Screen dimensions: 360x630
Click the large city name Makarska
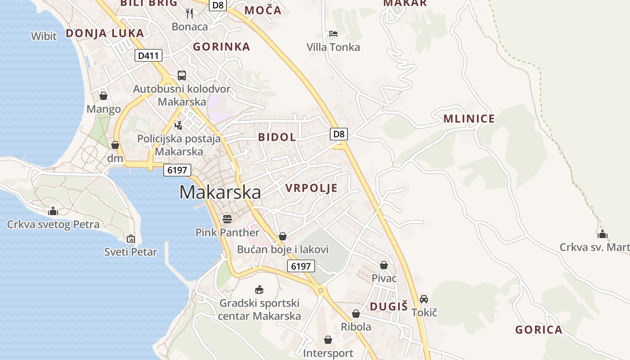220,192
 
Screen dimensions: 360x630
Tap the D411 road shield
148,55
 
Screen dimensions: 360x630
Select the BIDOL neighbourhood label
277,137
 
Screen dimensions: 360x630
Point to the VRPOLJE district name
311,188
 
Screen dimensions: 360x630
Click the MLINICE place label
469,119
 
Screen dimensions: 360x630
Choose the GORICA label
539,330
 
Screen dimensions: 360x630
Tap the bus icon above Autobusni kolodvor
182,76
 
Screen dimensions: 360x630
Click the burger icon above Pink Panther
227,219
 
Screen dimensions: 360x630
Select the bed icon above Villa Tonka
333,34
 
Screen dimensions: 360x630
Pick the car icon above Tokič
423,299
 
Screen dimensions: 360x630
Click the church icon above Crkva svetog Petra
53,211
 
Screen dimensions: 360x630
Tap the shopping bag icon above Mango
103,96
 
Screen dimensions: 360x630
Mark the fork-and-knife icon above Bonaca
189,13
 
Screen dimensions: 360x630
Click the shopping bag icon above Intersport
328,340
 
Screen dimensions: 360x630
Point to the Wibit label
44,36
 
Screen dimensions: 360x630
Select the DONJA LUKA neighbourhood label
105,33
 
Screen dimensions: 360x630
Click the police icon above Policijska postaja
179,125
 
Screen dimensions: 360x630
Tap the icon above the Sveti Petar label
130,238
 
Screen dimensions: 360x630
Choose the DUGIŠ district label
388,307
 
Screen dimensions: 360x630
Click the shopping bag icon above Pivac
384,265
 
